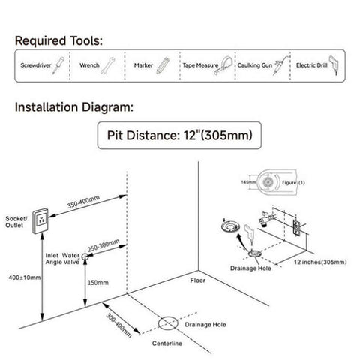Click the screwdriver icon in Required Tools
pos(58,65)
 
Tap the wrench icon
pos(108,65)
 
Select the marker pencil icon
pos(163,65)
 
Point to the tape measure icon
pos(223,65)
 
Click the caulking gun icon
pos(280,65)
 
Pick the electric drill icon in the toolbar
pos(334,65)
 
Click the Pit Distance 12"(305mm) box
pos(179,136)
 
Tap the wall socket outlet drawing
pos(40,221)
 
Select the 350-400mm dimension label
pos(83,202)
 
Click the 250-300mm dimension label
pos(103,245)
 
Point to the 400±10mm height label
pos(25,277)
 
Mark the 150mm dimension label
pos(98,283)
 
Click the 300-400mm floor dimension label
pos(119,325)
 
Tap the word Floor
pos(198,280)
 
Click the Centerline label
pos(167,343)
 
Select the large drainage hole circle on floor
pos(168,323)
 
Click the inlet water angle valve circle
pos(85,256)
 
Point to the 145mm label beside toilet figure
pos(248,182)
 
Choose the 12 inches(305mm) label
pos(320,262)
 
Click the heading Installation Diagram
pos(74,107)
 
